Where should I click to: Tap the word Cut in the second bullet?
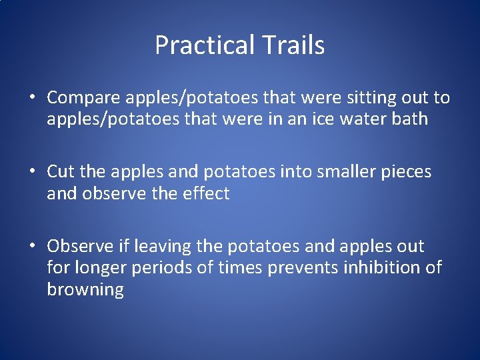click(61, 172)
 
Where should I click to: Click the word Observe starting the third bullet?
click(80, 246)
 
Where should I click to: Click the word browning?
click(85, 290)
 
